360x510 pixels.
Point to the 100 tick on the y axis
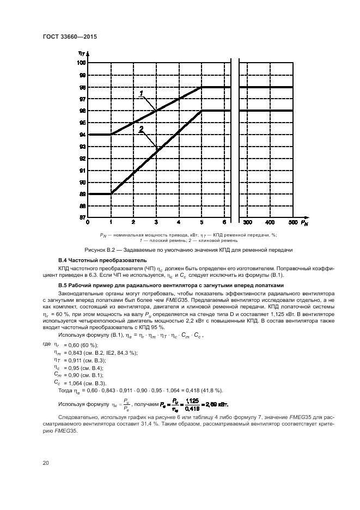pyautogui.click(x=82, y=63)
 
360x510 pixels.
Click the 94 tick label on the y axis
pyautogui.click(x=82, y=135)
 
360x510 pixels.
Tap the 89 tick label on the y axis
pyautogui.click(x=82, y=194)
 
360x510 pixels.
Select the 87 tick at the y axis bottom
pyautogui.click(x=82, y=217)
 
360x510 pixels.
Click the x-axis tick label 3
pyautogui.click(x=156, y=223)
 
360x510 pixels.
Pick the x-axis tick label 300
pyautogui.click(x=247, y=223)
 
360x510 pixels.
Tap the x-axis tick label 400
pyautogui.click(x=270, y=223)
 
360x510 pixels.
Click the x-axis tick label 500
pyautogui.click(x=292, y=223)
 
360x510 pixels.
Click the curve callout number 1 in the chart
pyautogui.click(x=142, y=93)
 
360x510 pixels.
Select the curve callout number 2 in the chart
pyautogui.click(x=141, y=129)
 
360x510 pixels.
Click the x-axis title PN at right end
pyautogui.click(x=304, y=223)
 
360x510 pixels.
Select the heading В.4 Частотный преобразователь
pyautogui.click(x=93, y=262)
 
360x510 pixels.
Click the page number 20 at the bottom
pyautogui.click(x=46, y=463)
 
